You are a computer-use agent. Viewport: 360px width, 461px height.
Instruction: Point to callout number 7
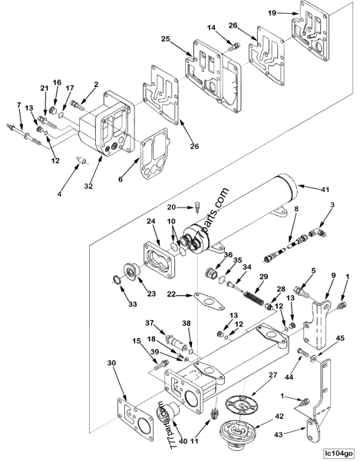tap(19, 104)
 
